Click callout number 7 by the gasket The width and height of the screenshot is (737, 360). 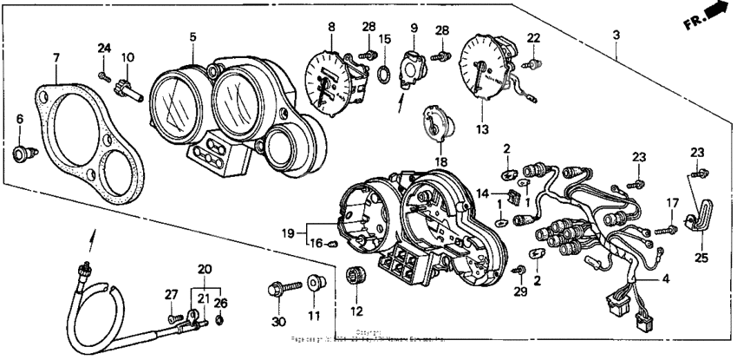[56, 58]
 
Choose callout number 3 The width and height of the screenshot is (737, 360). [616, 35]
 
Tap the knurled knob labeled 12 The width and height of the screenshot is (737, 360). [353, 277]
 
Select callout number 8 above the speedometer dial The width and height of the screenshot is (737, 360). [330, 28]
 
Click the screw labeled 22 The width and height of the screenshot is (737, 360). [534, 62]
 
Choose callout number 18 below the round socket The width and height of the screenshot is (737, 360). [440, 162]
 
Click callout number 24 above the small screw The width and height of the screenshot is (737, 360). [104, 47]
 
